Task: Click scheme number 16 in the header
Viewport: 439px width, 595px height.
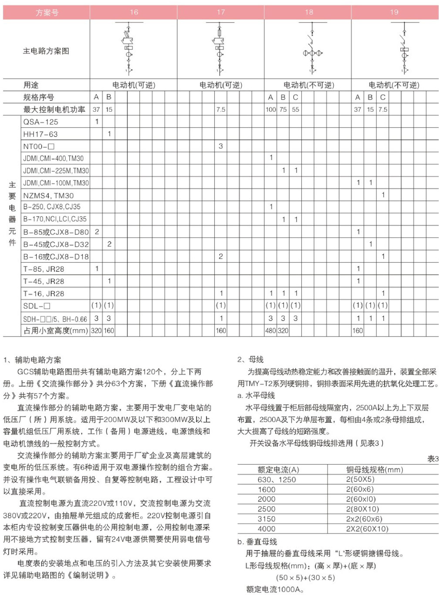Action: [x=134, y=12]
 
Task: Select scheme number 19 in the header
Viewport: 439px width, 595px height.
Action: [x=394, y=12]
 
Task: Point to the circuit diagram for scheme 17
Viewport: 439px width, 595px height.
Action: [x=220, y=49]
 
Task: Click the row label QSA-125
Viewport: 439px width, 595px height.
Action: [x=41, y=122]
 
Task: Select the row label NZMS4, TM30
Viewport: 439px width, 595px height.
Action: [x=48, y=195]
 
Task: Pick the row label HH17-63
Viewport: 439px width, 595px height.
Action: [x=41, y=134]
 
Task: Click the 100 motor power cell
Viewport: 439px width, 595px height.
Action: [x=270, y=110]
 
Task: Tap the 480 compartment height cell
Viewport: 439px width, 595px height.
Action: [x=270, y=331]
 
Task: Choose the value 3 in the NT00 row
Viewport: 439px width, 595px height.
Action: [x=221, y=146]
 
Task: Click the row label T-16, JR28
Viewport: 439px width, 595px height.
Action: [x=44, y=294]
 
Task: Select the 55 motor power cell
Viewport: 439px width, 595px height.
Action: [x=295, y=110]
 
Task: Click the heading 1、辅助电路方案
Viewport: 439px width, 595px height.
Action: [x=32, y=360]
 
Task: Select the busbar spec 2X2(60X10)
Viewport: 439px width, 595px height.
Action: [x=367, y=529]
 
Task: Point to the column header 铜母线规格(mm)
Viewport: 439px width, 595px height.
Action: [x=375, y=470]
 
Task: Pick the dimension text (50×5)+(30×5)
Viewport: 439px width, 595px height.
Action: [x=305, y=578]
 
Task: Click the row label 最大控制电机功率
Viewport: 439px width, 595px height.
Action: [x=54, y=110]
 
